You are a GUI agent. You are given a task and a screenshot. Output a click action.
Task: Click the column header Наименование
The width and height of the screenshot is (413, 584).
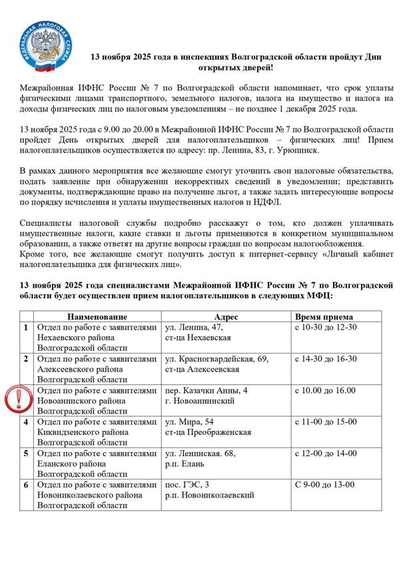click(x=97, y=317)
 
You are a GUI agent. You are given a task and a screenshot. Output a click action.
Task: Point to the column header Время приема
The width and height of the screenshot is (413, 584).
click(x=324, y=317)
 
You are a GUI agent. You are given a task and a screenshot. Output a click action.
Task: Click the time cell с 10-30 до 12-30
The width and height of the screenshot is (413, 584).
click(x=326, y=328)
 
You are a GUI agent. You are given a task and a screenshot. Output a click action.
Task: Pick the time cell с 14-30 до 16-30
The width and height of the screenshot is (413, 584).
click(x=326, y=359)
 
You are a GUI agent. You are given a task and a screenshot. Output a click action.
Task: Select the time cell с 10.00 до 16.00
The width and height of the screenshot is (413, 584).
click(x=325, y=390)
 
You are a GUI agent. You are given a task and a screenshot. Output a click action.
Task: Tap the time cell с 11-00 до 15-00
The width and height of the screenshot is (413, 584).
click(x=326, y=422)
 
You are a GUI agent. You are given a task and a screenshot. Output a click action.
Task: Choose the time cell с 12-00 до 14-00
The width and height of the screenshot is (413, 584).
click(x=326, y=453)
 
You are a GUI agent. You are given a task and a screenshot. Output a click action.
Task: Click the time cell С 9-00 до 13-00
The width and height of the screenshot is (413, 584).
click(x=324, y=485)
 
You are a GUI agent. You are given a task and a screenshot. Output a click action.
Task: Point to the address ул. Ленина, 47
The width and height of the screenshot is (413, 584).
click(x=194, y=328)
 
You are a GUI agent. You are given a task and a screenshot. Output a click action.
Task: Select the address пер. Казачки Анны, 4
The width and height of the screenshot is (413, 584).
click(x=206, y=390)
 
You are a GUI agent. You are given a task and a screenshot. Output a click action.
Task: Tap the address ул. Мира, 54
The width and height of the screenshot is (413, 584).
click(x=189, y=422)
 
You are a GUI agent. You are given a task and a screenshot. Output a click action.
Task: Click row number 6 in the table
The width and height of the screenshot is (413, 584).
click(x=26, y=485)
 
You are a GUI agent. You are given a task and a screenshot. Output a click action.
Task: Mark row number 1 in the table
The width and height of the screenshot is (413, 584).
click(x=26, y=328)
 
